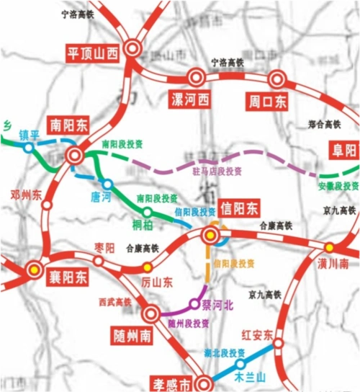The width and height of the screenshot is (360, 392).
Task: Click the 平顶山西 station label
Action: tap(91, 53)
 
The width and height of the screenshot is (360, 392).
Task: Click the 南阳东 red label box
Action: tap(68, 123)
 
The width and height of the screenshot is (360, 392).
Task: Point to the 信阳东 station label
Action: tap(239, 209)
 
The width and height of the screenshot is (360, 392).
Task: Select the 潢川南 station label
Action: tap(333, 264)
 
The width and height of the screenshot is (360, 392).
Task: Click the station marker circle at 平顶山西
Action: tap(132, 49)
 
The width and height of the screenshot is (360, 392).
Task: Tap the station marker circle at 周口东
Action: tap(276, 79)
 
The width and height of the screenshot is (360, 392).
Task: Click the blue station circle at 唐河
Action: tap(107, 184)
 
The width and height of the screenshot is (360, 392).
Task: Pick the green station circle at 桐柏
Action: tap(147, 212)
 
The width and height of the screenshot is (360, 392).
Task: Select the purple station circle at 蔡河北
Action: tap(194, 303)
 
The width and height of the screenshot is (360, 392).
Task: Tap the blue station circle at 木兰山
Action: tap(240, 363)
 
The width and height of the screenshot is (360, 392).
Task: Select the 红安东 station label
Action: tap(256, 335)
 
